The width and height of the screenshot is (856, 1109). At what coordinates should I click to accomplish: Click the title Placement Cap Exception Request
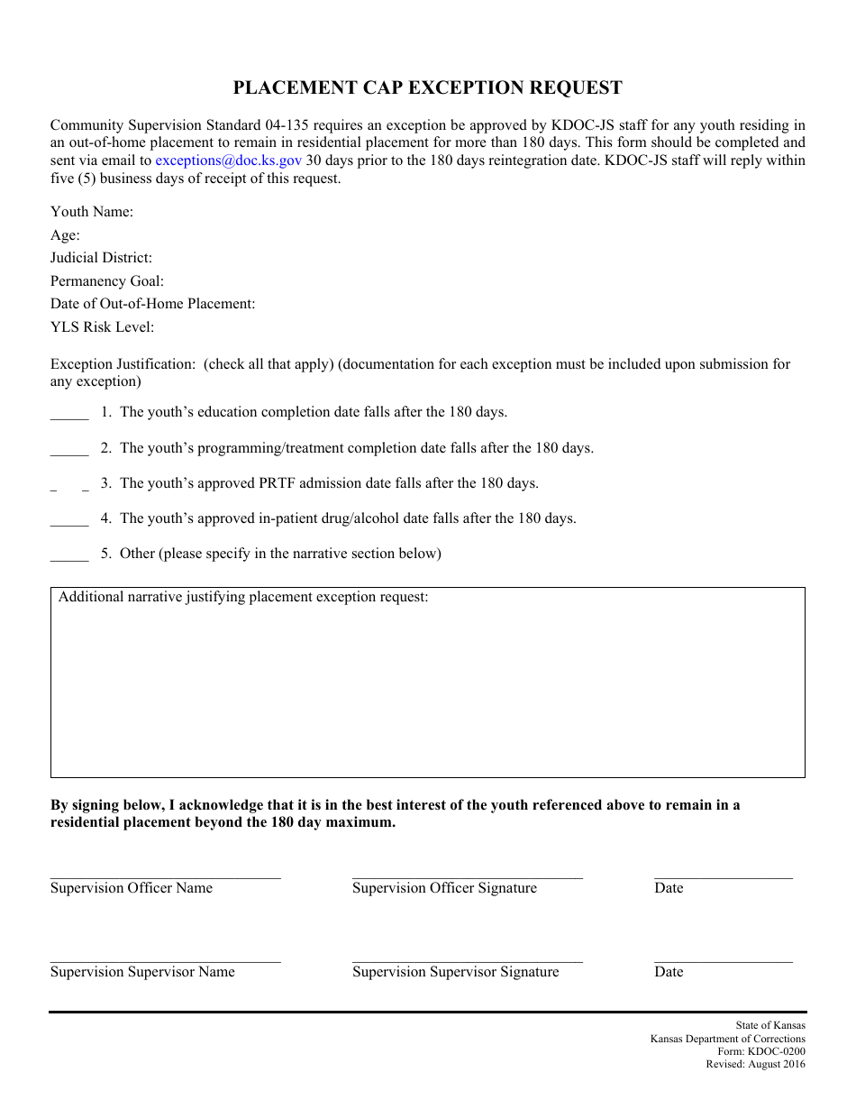click(427, 87)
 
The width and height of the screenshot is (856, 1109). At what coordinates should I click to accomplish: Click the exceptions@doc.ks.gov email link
click(228, 160)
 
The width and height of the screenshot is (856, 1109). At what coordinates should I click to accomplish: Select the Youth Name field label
click(92, 212)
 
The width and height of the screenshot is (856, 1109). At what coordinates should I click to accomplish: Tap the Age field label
click(65, 235)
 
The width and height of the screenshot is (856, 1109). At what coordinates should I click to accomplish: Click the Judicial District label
click(101, 258)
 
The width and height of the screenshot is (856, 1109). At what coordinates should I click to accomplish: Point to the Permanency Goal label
click(107, 281)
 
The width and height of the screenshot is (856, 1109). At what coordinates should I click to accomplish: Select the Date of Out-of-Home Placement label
click(152, 304)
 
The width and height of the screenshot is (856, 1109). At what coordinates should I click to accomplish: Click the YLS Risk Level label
click(102, 327)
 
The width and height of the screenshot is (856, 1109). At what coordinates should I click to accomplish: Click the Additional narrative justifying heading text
click(243, 597)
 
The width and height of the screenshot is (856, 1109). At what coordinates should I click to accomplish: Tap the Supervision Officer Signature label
click(444, 888)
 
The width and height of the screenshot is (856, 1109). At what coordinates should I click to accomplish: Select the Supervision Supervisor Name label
click(142, 972)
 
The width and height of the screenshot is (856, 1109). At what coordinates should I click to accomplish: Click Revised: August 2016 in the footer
click(755, 1065)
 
